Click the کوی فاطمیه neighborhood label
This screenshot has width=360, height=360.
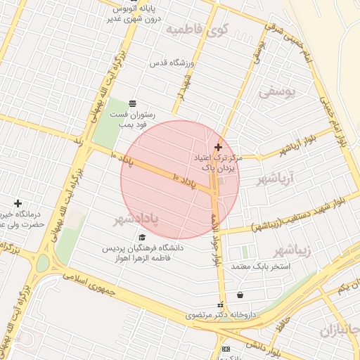[198, 30]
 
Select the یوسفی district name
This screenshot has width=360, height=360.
[277, 91]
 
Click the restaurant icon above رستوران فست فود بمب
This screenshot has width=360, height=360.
[132, 103]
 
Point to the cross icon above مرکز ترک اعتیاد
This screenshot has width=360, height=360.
[218, 147]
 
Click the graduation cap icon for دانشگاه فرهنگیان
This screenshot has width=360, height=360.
[143, 237]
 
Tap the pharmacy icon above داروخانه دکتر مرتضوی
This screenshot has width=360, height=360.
[221, 305]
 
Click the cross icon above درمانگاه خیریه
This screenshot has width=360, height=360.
[18, 203]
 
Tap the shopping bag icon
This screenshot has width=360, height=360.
[241, 295]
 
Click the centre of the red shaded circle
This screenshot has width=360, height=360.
[180, 180]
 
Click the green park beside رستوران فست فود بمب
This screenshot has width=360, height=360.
[108, 124]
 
